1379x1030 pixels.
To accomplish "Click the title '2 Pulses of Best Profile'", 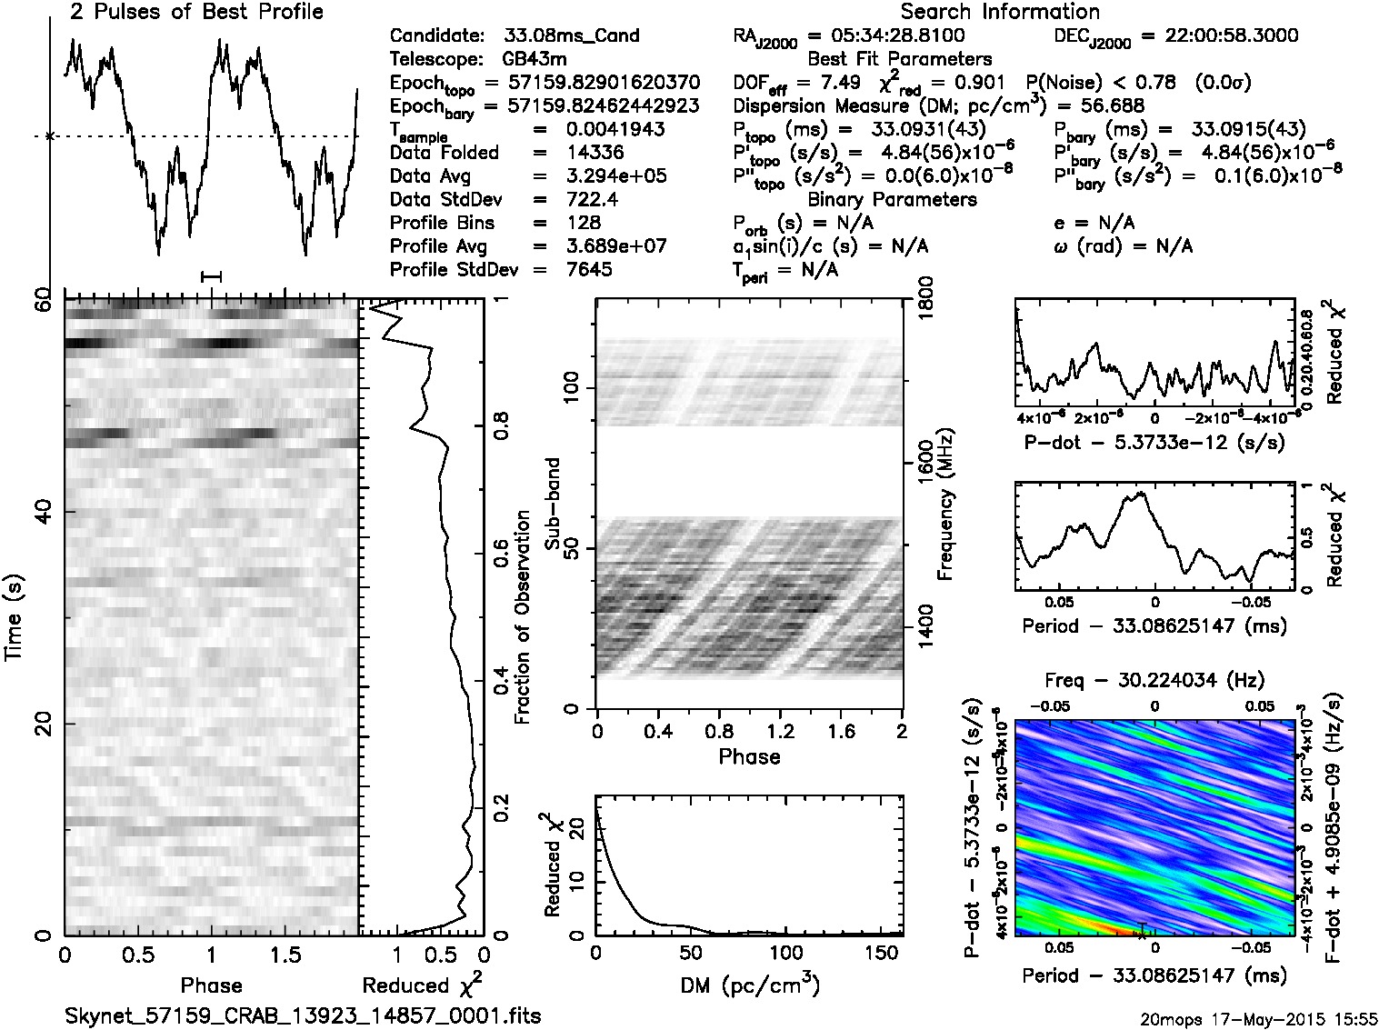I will point(196,12).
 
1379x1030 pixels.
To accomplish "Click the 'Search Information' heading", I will point(1000,12).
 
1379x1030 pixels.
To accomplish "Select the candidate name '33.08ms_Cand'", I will point(571,36).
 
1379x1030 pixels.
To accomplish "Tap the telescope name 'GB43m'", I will point(535,60).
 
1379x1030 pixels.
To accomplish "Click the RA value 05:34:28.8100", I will point(885,36).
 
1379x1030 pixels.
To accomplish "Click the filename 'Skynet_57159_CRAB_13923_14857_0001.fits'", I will point(303,1015).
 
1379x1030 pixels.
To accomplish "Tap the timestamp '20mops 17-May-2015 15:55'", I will point(1259,1017).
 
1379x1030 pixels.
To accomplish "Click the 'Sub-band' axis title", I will point(552,504).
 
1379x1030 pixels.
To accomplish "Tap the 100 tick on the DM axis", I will point(786,954).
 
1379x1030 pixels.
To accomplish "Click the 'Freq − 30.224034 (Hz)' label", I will point(1154,680).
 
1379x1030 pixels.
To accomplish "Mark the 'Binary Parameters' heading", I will point(892,199).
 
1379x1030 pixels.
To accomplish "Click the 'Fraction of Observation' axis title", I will point(522,617).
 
